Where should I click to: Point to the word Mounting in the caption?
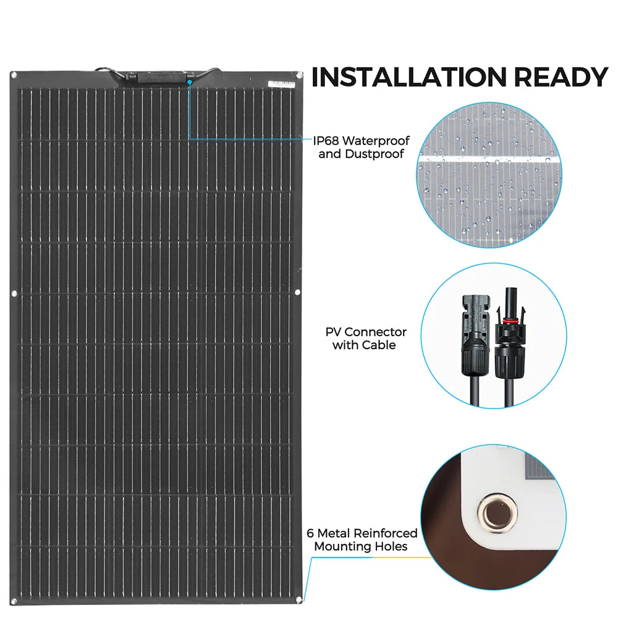coord(342,546)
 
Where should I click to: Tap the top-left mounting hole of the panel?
coord(14,75)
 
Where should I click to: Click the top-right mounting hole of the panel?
coord(298,75)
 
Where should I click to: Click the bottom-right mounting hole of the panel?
coord(298,598)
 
